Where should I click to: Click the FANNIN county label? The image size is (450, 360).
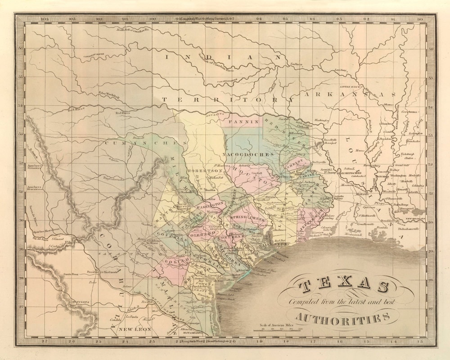pyautogui.click(x=243, y=121)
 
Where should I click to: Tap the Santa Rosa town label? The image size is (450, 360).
pyautogui.click(x=71, y=274)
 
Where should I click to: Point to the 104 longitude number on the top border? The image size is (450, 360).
pyautogui.click(x=44, y=19)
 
